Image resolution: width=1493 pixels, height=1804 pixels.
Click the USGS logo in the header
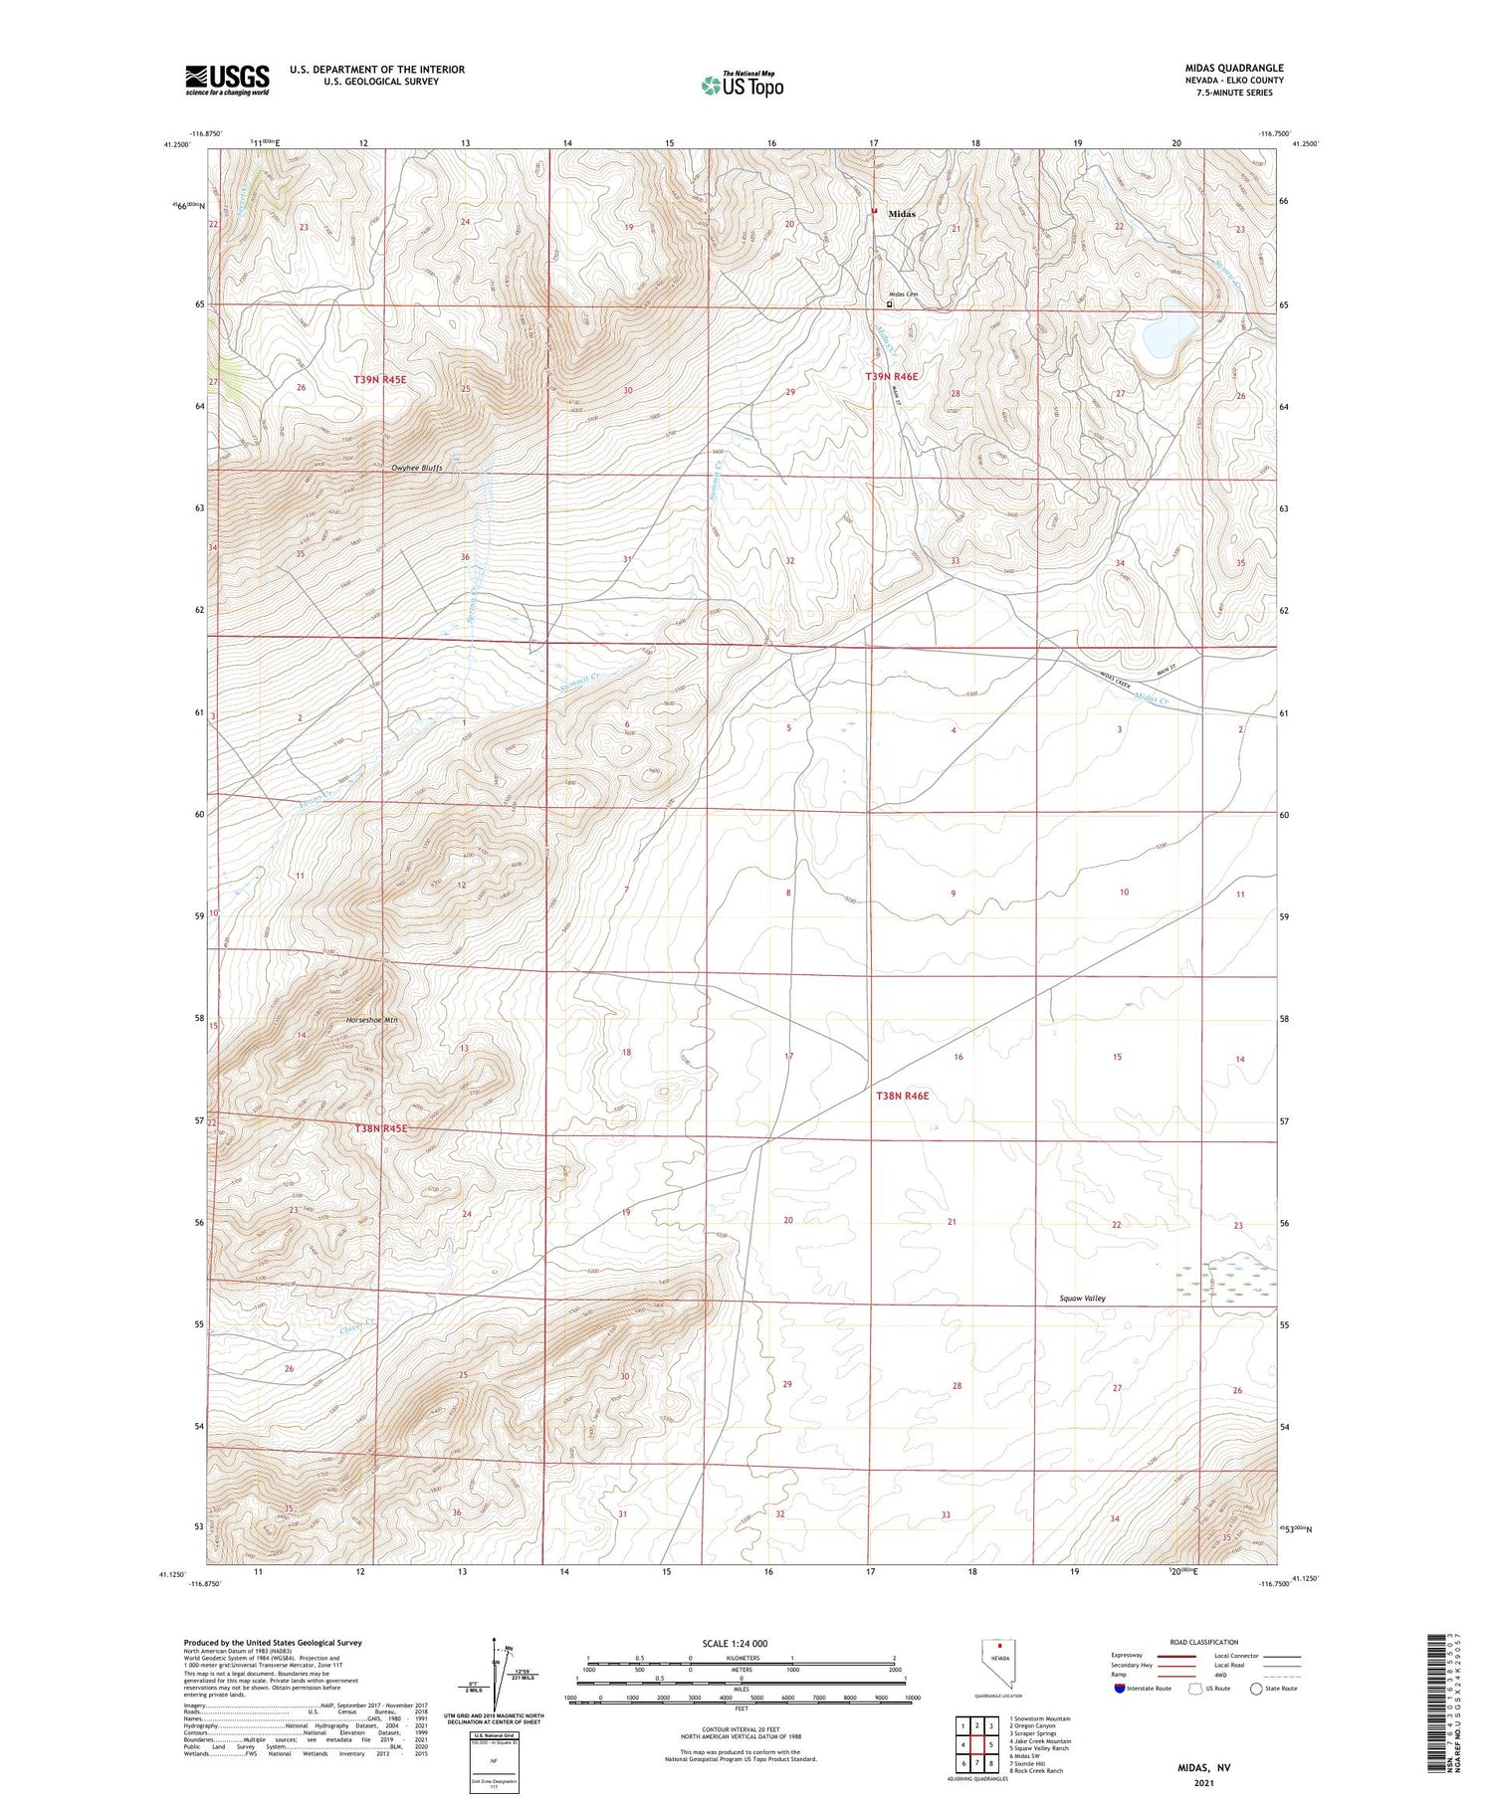point(227,80)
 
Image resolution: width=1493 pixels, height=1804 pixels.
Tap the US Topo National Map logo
point(742,86)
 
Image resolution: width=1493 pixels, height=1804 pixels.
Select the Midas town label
point(901,214)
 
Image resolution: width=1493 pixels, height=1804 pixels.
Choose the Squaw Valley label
point(1083,1298)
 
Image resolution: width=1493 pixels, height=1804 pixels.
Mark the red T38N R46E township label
point(902,1096)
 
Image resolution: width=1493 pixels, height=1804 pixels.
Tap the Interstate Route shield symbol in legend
point(1120,1688)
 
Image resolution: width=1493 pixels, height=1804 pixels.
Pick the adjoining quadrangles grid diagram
point(978,1744)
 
